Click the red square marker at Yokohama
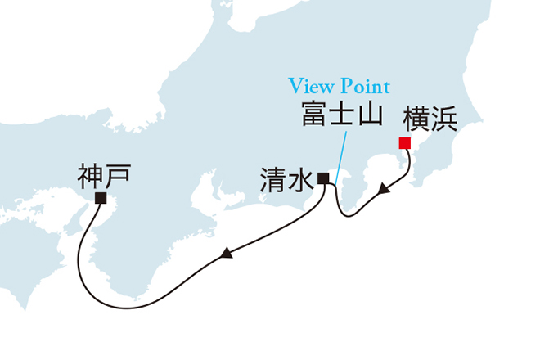404,143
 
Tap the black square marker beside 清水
324,178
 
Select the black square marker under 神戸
101,198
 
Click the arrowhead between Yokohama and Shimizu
383,191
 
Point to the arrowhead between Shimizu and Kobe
226,256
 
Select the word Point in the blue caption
363,86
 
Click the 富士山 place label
341,115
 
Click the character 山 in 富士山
370,115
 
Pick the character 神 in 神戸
91,174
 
